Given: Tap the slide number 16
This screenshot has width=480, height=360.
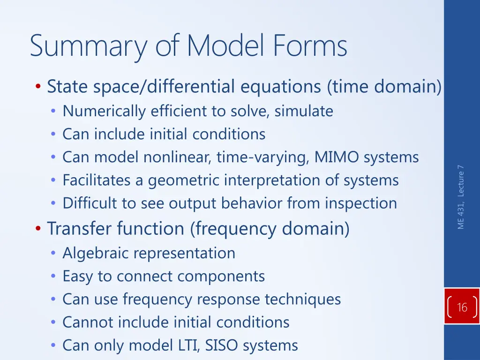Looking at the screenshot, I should pos(462,307).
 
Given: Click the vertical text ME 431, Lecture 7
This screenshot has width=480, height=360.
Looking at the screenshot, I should pos(461,197).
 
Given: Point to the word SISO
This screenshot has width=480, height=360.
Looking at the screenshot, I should pos(220,345).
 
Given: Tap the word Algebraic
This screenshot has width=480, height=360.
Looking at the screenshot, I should pos(97,253).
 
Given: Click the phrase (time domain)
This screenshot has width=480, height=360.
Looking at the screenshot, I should pos(384,87).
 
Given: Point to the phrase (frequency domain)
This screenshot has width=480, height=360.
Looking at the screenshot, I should pos(270,229).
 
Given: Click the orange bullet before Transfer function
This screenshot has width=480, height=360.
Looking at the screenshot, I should pos(38,229).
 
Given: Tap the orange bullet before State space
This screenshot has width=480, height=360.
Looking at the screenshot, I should pos(38,87).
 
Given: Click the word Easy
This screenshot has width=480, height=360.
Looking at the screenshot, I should pos(78,277).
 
